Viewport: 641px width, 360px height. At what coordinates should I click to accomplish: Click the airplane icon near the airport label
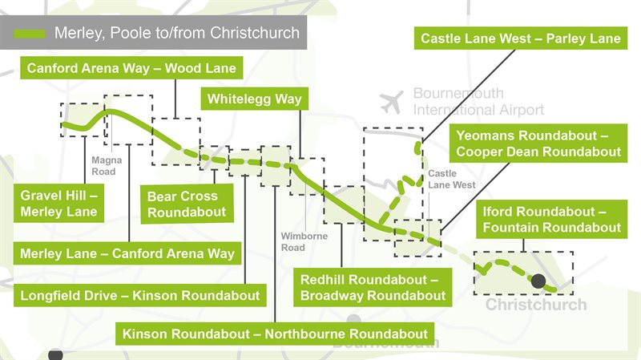coord(392,101)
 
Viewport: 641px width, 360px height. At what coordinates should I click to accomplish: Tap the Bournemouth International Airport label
coord(478,102)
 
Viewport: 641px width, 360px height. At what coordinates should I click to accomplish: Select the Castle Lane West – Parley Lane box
coord(521,38)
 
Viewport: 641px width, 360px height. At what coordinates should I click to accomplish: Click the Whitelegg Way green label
coord(254,99)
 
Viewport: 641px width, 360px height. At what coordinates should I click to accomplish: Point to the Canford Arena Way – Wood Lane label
coord(131,68)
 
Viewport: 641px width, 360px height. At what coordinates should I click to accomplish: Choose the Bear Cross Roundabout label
coord(187,204)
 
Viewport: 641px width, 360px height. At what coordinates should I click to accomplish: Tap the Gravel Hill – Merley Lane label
coord(59,204)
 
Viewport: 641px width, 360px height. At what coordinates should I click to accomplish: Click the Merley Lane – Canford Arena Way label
coord(127,254)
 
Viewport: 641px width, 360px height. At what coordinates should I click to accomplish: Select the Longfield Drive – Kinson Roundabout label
coord(139,296)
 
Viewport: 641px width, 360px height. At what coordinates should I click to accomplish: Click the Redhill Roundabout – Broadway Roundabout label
coord(373,288)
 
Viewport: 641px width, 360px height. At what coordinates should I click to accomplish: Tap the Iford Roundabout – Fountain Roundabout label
coord(551,219)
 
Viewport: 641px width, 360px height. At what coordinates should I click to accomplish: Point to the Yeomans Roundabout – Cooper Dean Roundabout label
coord(538,143)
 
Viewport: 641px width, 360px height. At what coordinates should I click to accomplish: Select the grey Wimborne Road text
coord(292,242)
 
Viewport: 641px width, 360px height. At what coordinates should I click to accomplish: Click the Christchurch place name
coord(535,305)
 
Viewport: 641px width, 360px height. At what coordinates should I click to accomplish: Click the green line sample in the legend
coord(30,34)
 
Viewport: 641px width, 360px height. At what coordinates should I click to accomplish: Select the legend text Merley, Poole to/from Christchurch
coord(176,34)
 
